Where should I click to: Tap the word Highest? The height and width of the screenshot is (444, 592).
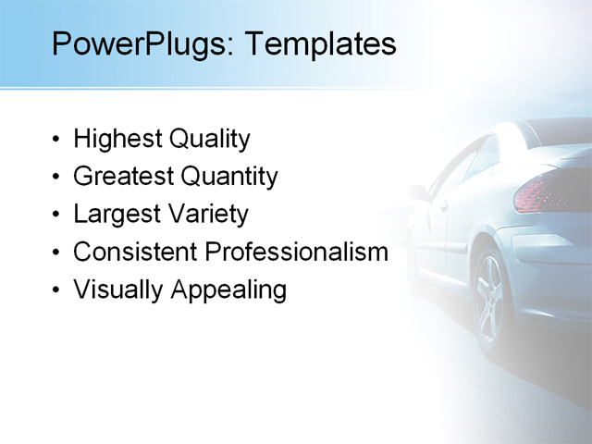[117, 140]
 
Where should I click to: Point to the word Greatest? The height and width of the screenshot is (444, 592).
[122, 176]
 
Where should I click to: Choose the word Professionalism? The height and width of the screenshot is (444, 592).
[296, 252]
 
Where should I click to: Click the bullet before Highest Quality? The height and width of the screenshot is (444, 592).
[57, 141]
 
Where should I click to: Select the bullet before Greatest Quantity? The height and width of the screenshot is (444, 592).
[57, 178]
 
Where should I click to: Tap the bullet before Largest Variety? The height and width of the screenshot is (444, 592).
[57, 216]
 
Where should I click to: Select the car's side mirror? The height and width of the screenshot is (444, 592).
[419, 192]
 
